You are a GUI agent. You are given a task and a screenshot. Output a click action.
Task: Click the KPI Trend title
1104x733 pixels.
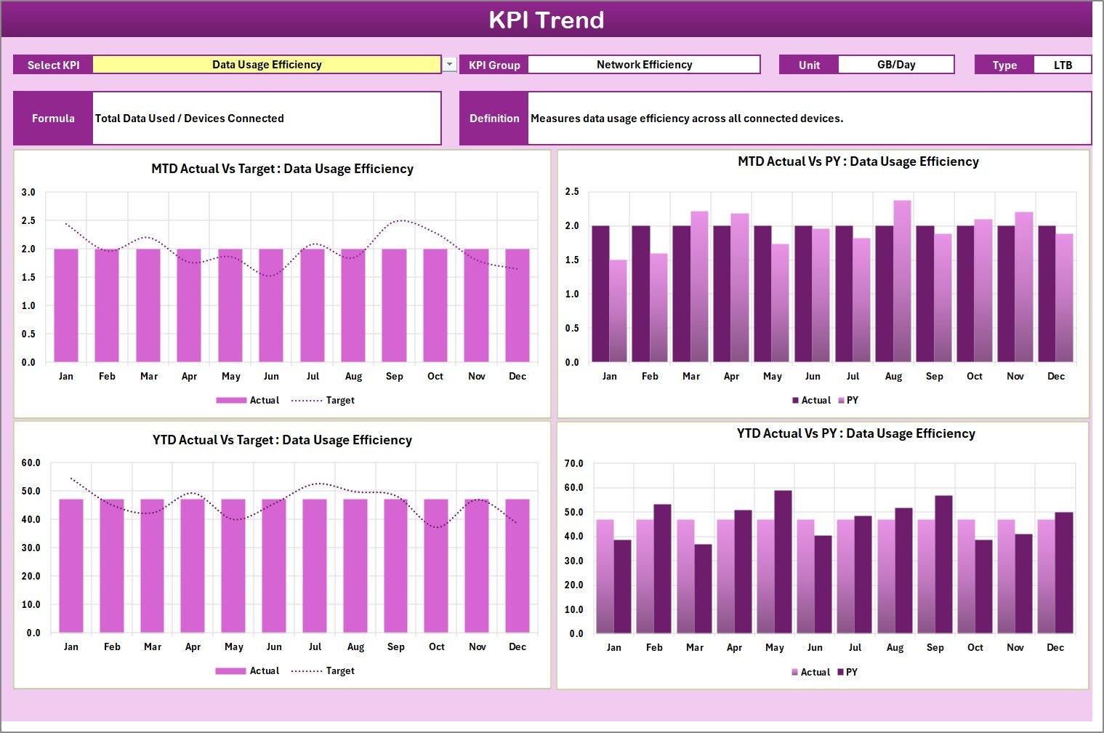[x=546, y=20]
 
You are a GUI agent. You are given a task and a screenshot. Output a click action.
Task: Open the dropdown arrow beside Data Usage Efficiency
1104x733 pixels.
[x=450, y=65]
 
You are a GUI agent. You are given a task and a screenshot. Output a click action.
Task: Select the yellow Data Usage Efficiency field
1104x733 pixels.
[x=267, y=65]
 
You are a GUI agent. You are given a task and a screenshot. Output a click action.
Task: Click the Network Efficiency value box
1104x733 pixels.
[x=644, y=65]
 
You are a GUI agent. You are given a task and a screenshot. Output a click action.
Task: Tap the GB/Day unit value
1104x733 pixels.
[x=895, y=65]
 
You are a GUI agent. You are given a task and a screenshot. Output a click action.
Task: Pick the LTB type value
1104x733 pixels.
[x=1062, y=65]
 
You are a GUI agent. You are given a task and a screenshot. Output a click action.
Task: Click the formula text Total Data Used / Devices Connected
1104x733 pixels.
[x=190, y=119]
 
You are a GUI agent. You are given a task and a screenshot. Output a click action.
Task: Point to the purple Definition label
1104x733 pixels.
[x=494, y=119]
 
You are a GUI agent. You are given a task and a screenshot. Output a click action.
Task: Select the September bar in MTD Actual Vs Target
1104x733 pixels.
[x=394, y=305]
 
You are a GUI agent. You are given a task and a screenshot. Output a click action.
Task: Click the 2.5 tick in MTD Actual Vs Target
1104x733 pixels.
[x=28, y=220]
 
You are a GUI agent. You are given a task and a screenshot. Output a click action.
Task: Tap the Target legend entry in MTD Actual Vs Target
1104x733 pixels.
[x=323, y=400]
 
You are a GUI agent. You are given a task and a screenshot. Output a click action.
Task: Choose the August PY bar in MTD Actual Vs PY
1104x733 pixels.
[x=902, y=282]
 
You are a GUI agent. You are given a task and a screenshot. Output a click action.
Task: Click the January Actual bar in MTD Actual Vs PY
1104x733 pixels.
[x=600, y=294]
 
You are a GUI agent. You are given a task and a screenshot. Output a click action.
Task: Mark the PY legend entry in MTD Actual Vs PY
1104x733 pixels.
[x=848, y=400]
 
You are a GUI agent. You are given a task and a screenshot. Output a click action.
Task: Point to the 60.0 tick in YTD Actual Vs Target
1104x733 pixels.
[x=31, y=462]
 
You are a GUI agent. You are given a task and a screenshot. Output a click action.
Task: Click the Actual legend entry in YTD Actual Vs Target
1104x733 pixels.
[x=247, y=670]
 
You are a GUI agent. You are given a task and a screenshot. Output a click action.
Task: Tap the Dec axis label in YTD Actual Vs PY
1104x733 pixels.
[x=1055, y=647]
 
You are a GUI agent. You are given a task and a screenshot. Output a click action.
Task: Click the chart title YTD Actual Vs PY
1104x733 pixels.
[x=855, y=433]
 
